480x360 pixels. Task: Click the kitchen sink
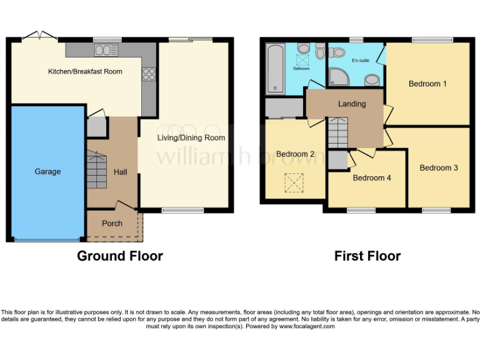click(x=106, y=50)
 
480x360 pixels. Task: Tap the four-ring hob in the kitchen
click(x=149, y=74)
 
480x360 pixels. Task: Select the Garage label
click(x=47, y=171)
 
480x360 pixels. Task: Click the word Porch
click(x=112, y=223)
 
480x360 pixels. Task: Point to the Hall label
click(x=121, y=171)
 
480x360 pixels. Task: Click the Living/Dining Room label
click(x=191, y=137)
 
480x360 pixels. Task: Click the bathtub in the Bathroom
click(x=275, y=69)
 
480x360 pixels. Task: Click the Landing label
click(x=352, y=104)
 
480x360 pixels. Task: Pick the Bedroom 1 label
click(x=427, y=84)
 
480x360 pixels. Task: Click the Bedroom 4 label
click(x=372, y=177)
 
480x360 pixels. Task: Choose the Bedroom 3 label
click(x=439, y=167)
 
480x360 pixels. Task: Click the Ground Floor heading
click(x=120, y=256)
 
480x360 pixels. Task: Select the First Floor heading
click(x=367, y=256)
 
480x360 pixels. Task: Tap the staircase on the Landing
click(x=337, y=133)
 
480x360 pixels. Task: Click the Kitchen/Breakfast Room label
click(x=85, y=71)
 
